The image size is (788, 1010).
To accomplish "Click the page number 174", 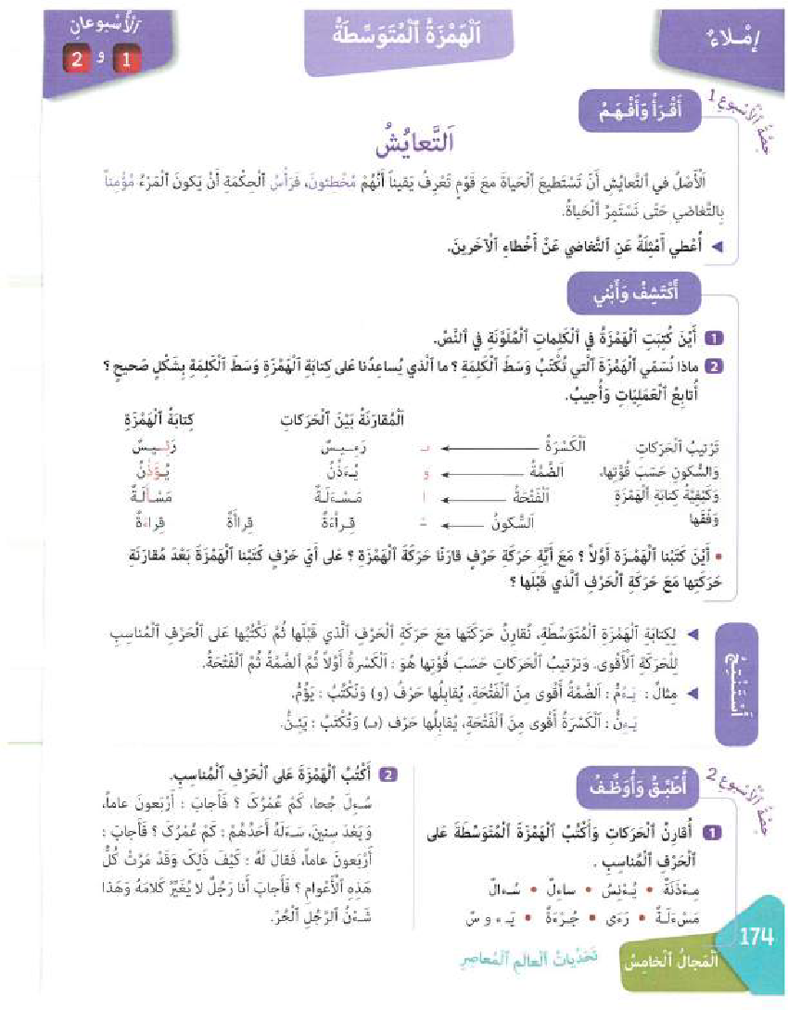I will [x=756, y=938].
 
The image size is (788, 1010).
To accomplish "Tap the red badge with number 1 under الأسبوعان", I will [x=122, y=61].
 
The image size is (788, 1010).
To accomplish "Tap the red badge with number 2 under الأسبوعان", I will [x=77, y=61].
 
